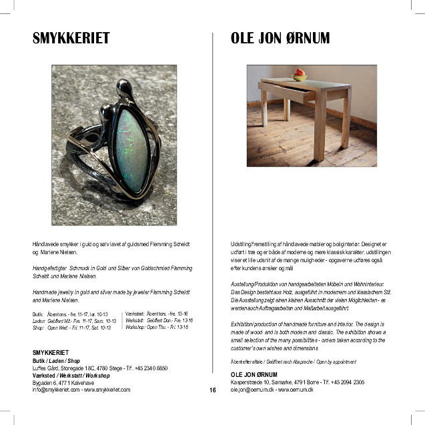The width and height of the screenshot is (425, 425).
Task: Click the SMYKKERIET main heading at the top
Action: click(71, 38)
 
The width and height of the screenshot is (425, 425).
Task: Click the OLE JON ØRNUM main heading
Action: click(280, 38)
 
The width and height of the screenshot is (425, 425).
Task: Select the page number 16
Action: click(212, 390)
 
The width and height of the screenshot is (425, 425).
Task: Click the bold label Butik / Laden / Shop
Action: click(56, 360)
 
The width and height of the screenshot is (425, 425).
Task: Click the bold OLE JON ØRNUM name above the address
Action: click(254, 374)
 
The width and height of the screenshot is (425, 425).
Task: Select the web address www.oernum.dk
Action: click(298, 389)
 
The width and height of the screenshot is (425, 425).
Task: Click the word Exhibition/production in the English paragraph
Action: click(253, 324)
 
